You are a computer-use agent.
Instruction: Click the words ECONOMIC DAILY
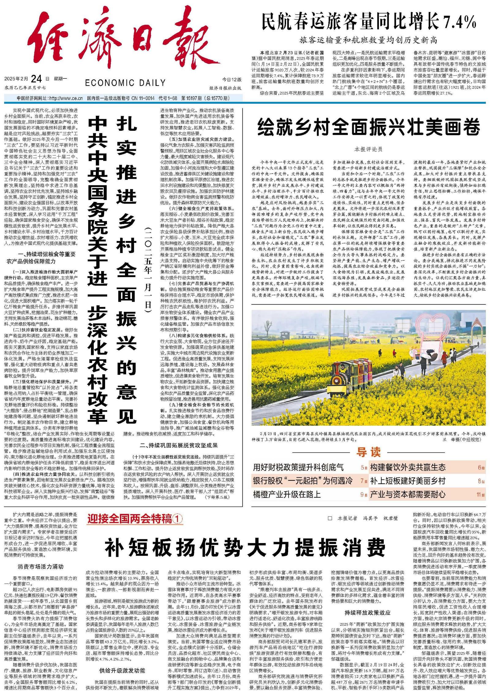pyautogui.click(x=125, y=83)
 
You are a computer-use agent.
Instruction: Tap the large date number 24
pyautogui.click(x=36, y=79)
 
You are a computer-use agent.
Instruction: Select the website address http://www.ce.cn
pyautogui.click(x=66, y=98)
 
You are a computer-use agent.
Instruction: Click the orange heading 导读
pyautogui.click(x=368, y=452)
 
